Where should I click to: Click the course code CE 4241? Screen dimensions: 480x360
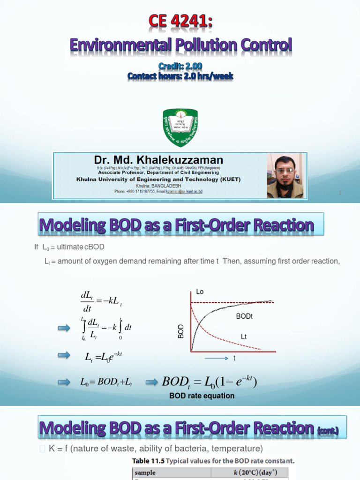180,22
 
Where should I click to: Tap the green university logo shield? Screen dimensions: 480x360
180,127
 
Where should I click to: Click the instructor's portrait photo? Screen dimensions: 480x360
285,176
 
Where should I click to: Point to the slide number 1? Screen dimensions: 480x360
339,193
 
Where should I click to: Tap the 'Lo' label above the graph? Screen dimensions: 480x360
200,292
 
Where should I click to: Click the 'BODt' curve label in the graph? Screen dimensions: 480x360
244,317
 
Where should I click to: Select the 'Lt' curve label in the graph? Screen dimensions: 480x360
244,337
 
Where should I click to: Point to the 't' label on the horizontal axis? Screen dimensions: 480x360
234,359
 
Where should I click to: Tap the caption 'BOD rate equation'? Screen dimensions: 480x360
202,396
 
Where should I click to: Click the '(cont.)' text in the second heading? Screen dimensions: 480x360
330,429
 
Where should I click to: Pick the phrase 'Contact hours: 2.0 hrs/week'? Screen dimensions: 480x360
180,76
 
